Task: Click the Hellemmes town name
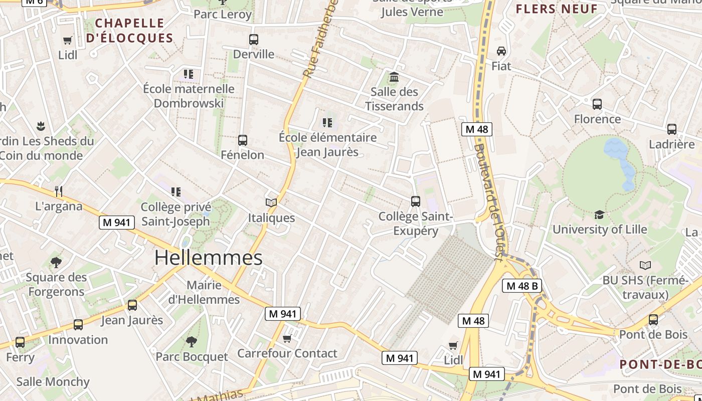pyautogui.click(x=208, y=258)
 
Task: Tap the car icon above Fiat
pyautogui.click(x=501, y=51)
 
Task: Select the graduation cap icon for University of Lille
pyautogui.click(x=599, y=215)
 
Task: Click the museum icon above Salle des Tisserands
pyautogui.click(x=394, y=77)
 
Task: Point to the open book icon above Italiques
pyautogui.click(x=271, y=203)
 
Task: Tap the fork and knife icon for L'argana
pyautogui.click(x=59, y=191)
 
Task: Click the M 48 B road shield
pyautogui.click(x=521, y=286)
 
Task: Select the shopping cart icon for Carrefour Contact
pyautogui.click(x=287, y=339)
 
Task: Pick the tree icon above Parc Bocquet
pyautogui.click(x=191, y=342)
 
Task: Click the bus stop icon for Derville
pyautogui.click(x=254, y=39)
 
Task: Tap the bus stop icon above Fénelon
pyautogui.click(x=243, y=140)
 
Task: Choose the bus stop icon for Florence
pyautogui.click(x=597, y=104)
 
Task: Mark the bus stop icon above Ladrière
pyautogui.click(x=672, y=129)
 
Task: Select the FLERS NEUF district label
pyautogui.click(x=557, y=9)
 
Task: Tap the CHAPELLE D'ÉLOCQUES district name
pyautogui.click(x=129, y=31)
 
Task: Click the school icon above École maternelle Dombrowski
pyautogui.click(x=189, y=74)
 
